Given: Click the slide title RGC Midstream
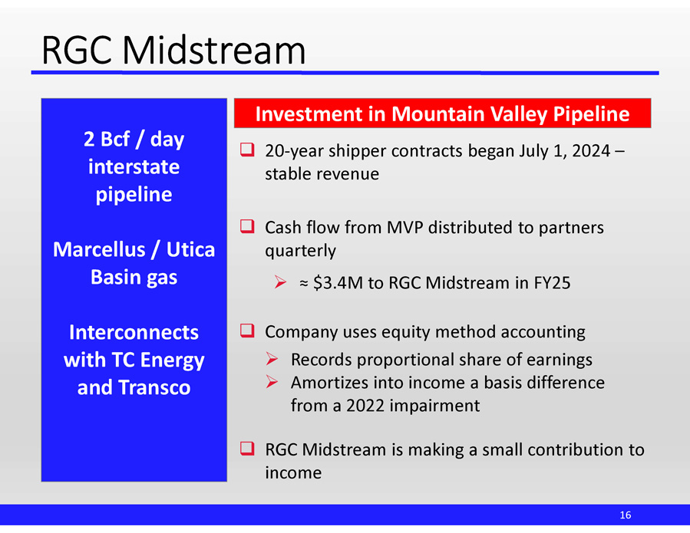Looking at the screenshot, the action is point(173,50).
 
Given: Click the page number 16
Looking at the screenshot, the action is point(626,515).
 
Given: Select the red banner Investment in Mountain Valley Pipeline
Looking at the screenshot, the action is point(442,114).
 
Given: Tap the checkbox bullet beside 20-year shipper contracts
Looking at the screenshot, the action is point(247,150).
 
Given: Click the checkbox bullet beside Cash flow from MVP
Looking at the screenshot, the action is point(247,226).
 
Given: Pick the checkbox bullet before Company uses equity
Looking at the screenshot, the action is point(247,331).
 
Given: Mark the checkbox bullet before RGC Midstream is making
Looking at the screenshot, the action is point(247,448).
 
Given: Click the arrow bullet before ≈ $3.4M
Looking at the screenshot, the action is point(280,281).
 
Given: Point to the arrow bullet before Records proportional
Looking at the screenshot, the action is point(272,359).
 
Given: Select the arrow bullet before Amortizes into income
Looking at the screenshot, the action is point(272,382).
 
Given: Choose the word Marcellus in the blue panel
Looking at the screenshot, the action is point(99,249).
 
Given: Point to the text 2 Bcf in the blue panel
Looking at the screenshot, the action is point(107,140).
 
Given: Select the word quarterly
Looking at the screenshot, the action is point(301,251).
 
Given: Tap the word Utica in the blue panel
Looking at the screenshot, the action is point(190,249).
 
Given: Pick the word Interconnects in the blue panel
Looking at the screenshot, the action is point(134,332).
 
